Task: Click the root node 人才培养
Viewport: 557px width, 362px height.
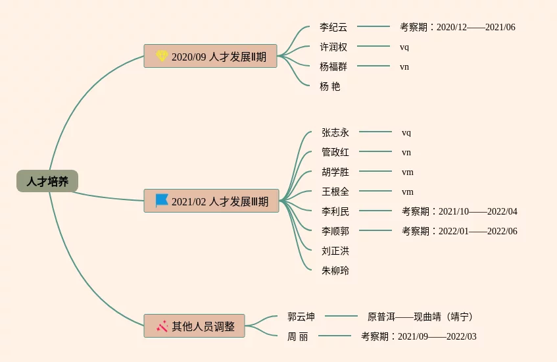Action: pyautogui.click(x=47, y=181)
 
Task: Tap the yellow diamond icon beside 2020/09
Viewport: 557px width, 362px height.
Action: pyautogui.click(x=162, y=56)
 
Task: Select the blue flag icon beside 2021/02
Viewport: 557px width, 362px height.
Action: pyautogui.click(x=162, y=200)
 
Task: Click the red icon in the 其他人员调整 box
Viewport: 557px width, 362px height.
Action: pyautogui.click(x=162, y=325)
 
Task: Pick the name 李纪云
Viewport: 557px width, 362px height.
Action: pyautogui.click(x=333, y=27)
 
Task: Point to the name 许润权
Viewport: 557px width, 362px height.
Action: pyautogui.click(x=333, y=47)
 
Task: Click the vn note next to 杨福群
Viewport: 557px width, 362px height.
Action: pyautogui.click(x=404, y=66)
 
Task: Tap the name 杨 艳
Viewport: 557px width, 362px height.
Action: pyautogui.click(x=330, y=86)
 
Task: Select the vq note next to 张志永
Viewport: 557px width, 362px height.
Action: pyautogui.click(x=406, y=132)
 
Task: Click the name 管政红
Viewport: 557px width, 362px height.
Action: pyautogui.click(x=335, y=152)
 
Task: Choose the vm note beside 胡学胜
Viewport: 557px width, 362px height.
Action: pyautogui.click(x=408, y=172)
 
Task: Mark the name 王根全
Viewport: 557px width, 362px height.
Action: pyautogui.click(x=335, y=192)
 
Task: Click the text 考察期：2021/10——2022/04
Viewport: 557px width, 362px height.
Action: pyautogui.click(x=460, y=211)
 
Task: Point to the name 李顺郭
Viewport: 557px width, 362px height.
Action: pyautogui.click(x=335, y=231)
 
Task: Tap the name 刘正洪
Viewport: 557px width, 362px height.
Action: pyautogui.click(x=335, y=251)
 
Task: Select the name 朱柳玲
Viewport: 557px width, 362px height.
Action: pyautogui.click(x=335, y=271)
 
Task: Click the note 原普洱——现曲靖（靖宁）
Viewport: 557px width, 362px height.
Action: pyautogui.click(x=421, y=317)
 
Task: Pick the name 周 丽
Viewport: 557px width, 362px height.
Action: pyautogui.click(x=297, y=336)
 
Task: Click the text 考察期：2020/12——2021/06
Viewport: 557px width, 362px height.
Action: pyautogui.click(x=458, y=27)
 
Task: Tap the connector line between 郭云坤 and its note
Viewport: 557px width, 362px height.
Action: pyautogui.click(x=341, y=317)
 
